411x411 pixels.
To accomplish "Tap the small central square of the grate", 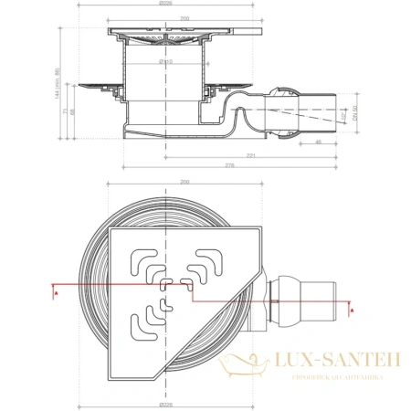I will (164, 286).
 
